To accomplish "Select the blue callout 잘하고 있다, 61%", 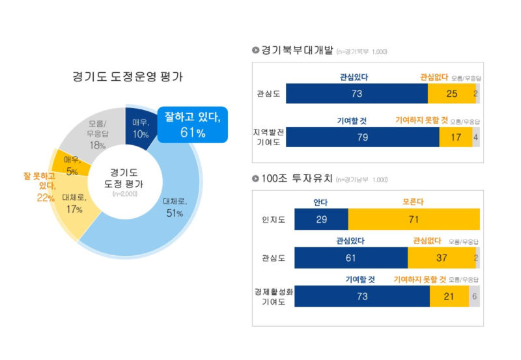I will coord(193,124).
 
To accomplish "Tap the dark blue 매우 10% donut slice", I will coord(139,125).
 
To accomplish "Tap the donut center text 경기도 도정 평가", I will coord(124,178).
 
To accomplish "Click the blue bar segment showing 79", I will coord(363,137).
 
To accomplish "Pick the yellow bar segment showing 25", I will coord(451,94).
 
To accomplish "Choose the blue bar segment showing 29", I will coord(321,219).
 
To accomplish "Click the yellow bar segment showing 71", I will coord(414,219).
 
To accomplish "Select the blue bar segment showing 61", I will coord(351,258).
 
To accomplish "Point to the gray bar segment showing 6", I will coord(475,296).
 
